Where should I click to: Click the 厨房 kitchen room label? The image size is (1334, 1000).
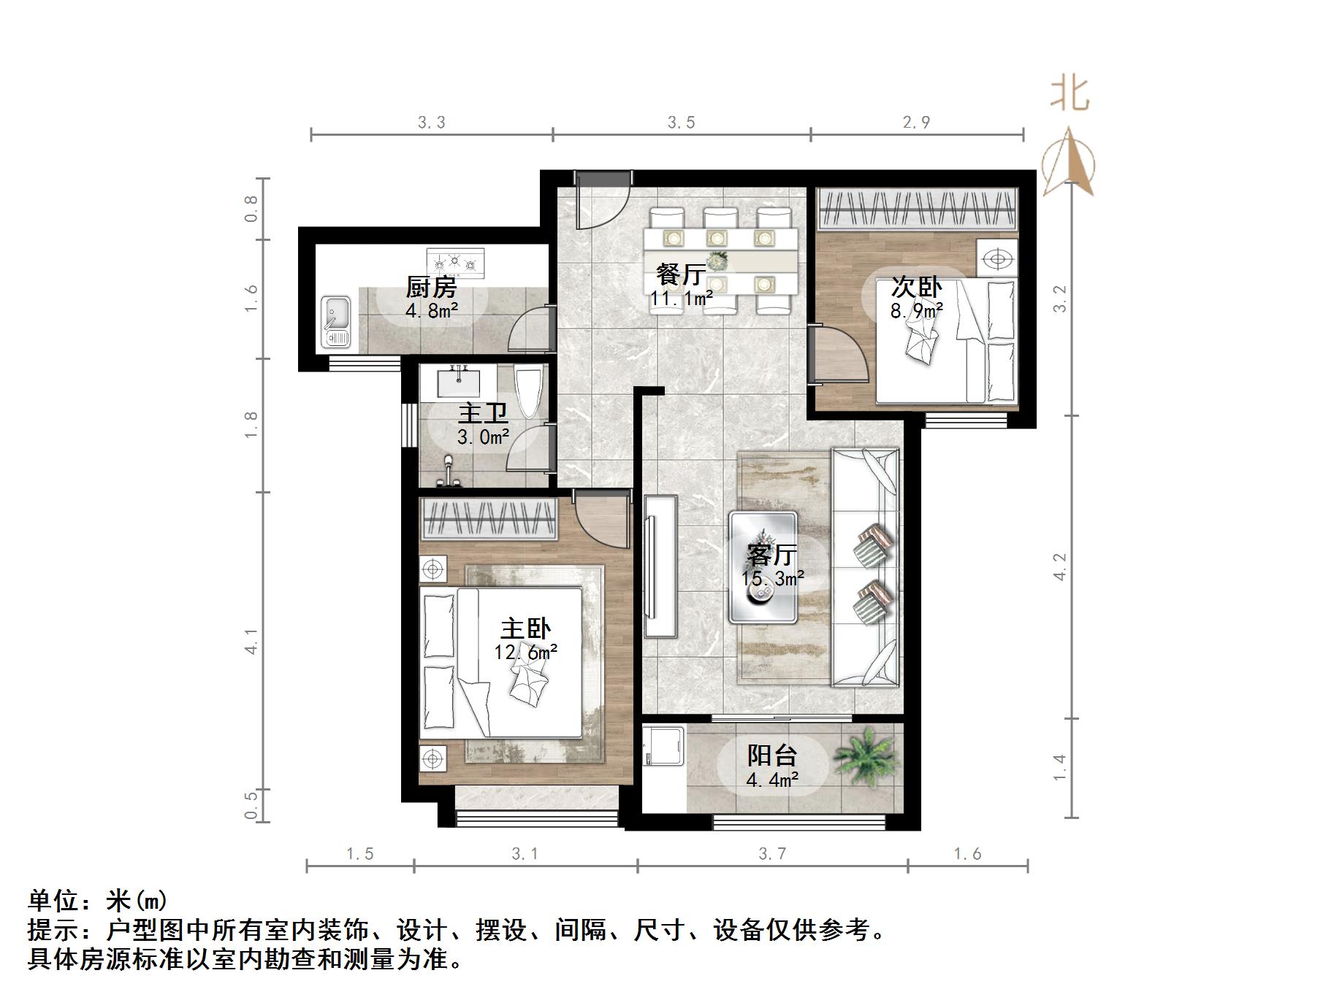coord(431,287)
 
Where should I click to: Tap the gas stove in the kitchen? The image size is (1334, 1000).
coord(456,262)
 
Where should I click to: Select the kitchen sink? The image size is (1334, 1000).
coord(337,321)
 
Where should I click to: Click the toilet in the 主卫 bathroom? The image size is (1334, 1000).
coord(528,391)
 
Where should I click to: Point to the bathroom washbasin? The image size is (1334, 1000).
coord(458,381)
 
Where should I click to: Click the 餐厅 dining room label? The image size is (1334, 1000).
coord(681,275)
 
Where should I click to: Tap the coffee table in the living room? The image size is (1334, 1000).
coord(763,567)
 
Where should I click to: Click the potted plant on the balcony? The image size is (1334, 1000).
coord(866,755)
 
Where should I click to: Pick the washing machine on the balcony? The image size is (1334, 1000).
coord(663,746)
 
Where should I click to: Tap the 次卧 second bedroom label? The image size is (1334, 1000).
coord(916,288)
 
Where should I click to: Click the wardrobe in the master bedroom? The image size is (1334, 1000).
coord(489,519)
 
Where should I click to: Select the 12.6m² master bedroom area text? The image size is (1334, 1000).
coord(525,652)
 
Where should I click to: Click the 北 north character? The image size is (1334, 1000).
coord(1070,95)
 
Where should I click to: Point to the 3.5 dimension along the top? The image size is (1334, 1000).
coord(681,123)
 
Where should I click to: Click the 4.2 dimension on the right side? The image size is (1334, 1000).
coord(1060,567)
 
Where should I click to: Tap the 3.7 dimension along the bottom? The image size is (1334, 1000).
coord(772,854)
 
